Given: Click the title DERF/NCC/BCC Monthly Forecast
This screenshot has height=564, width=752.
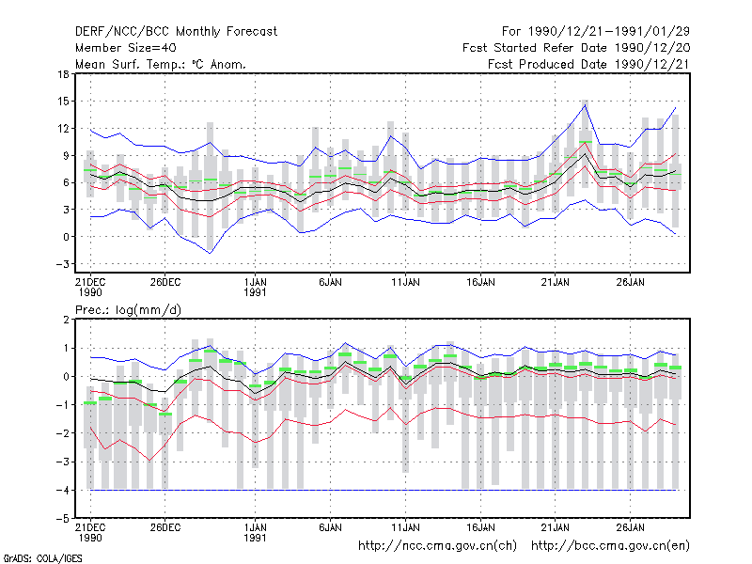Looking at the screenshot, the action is [176, 32].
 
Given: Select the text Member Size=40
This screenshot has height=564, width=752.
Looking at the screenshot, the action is [126, 48].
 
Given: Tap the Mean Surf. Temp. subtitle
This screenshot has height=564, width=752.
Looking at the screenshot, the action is [161, 64].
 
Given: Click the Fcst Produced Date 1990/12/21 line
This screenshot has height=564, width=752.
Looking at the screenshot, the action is [589, 64].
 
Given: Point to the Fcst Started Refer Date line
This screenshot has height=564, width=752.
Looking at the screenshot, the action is [576, 48].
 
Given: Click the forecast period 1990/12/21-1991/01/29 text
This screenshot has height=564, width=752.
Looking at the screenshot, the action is [596, 32].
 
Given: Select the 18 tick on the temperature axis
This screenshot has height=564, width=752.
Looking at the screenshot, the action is [63, 74].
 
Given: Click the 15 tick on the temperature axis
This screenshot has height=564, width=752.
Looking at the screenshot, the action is [63, 102].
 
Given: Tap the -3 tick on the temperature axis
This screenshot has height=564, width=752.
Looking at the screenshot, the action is [62, 264].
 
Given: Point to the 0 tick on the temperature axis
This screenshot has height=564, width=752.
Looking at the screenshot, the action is [66, 237].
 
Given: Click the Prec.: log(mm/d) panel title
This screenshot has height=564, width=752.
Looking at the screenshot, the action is [129, 310].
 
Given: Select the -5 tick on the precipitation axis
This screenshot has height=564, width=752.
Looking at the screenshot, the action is [62, 519].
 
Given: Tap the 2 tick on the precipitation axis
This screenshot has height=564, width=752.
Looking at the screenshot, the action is [66, 320].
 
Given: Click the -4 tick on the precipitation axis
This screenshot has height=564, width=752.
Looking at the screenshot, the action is [62, 490].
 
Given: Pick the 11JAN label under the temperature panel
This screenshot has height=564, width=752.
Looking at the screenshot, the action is [405, 282].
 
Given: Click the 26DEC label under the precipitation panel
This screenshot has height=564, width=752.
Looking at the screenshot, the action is [165, 527].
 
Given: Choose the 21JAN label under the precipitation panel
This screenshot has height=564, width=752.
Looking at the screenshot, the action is [556, 527].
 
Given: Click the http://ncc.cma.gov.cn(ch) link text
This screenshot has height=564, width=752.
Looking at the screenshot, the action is [438, 546].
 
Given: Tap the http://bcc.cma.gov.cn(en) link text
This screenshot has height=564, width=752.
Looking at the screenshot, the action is [610, 546].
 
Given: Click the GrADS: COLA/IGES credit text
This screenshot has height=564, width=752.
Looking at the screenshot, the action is [42, 558].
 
